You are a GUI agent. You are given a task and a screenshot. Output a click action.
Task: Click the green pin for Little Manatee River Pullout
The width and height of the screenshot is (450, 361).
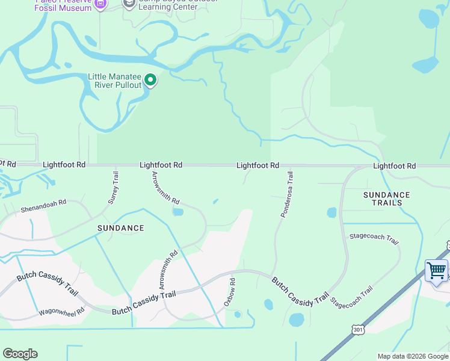pos(150,80)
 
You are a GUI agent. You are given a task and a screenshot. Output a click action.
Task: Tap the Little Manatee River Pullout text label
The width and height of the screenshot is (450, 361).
pos(114,81)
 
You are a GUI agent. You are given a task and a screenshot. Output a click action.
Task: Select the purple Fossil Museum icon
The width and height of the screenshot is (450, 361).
pos(100,4)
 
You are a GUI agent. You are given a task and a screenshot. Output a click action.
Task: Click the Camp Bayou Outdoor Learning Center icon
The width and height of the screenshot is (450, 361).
pos(129,4)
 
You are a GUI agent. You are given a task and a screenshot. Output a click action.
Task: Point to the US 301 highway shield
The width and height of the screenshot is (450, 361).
pos(359,330)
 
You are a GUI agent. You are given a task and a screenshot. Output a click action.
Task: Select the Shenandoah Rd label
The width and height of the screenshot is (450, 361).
pos(43,207)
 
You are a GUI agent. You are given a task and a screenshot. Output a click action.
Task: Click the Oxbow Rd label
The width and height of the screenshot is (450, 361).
pos(230,292)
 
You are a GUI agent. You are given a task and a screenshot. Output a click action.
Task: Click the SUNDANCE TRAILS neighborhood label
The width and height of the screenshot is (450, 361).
pos(387,199)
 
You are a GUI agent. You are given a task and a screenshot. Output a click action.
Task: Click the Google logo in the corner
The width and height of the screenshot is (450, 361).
pos(20,354)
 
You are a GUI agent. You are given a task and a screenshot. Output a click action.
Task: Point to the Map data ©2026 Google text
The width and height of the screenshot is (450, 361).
pos(413,356)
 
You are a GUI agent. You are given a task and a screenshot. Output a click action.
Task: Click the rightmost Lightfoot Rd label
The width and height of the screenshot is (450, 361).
pos(394,166)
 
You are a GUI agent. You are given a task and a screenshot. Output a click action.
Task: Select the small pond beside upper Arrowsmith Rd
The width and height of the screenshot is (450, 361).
pos(177,212)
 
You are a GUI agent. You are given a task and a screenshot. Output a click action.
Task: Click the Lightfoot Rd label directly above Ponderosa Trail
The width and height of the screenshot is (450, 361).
pos(257,165)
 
